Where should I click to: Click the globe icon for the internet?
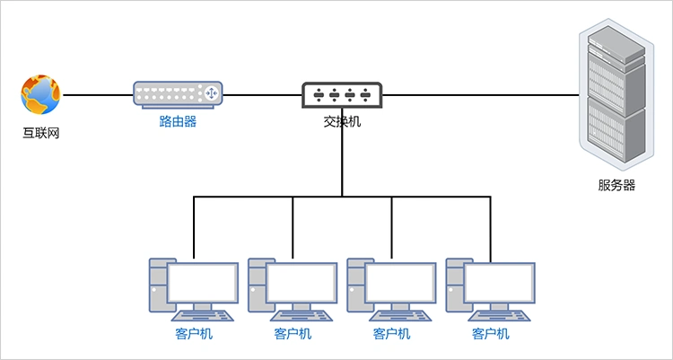[x=40, y=93]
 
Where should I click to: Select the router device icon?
[x=178, y=94]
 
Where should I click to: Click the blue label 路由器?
[x=178, y=121]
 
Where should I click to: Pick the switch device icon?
[x=342, y=94]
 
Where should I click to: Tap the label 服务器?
[x=616, y=186]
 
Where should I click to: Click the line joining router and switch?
[x=262, y=94]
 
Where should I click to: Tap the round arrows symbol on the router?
[x=212, y=93]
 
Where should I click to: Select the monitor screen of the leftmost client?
[x=203, y=283]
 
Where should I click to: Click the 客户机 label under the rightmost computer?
[x=490, y=334]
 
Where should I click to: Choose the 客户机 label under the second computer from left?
[x=293, y=334]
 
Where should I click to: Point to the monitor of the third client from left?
[x=400, y=283]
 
